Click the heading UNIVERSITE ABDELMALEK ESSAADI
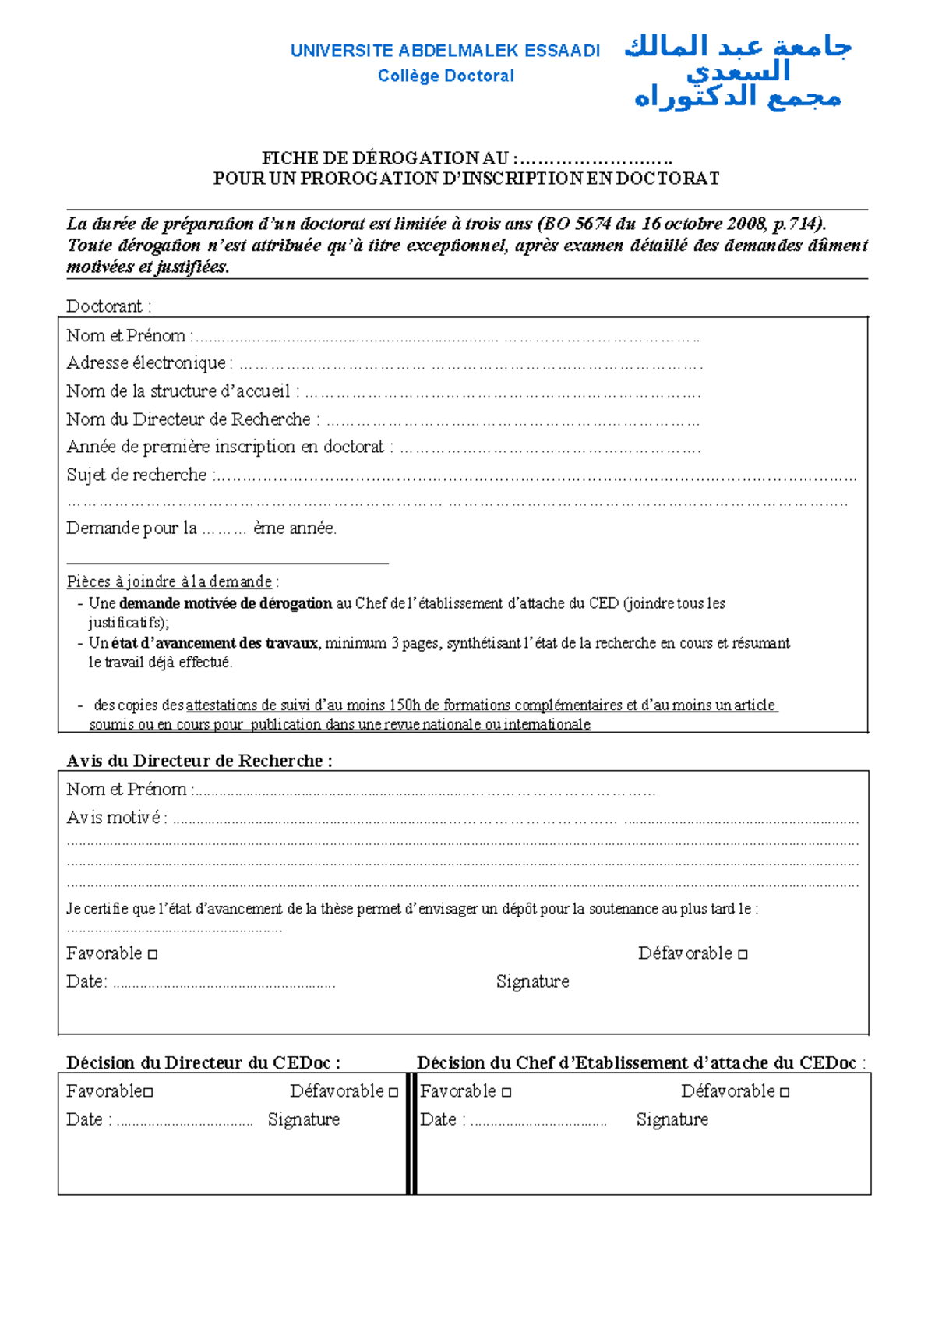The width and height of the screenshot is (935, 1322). (445, 51)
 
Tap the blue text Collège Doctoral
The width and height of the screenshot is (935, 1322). (446, 76)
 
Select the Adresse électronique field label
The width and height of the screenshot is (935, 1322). (146, 363)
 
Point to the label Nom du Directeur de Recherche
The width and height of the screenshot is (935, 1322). (189, 419)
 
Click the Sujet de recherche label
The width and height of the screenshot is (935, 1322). (137, 475)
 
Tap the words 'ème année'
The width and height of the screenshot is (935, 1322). (295, 528)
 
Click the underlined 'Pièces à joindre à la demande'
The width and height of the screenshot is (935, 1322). (170, 581)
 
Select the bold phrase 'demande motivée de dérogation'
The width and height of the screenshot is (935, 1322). (226, 603)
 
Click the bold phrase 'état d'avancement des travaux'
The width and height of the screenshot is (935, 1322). (214, 643)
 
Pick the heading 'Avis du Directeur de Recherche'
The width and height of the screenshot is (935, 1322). (199, 761)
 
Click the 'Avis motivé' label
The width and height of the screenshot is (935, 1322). (115, 818)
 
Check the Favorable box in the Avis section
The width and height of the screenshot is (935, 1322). (153, 954)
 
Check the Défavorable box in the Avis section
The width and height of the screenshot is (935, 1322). (743, 954)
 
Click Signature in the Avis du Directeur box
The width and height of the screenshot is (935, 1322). (532, 981)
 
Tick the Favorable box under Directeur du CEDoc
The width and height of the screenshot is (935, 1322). (149, 1092)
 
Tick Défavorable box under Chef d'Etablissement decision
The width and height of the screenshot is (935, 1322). (785, 1092)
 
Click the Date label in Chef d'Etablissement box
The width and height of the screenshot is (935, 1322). (438, 1119)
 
